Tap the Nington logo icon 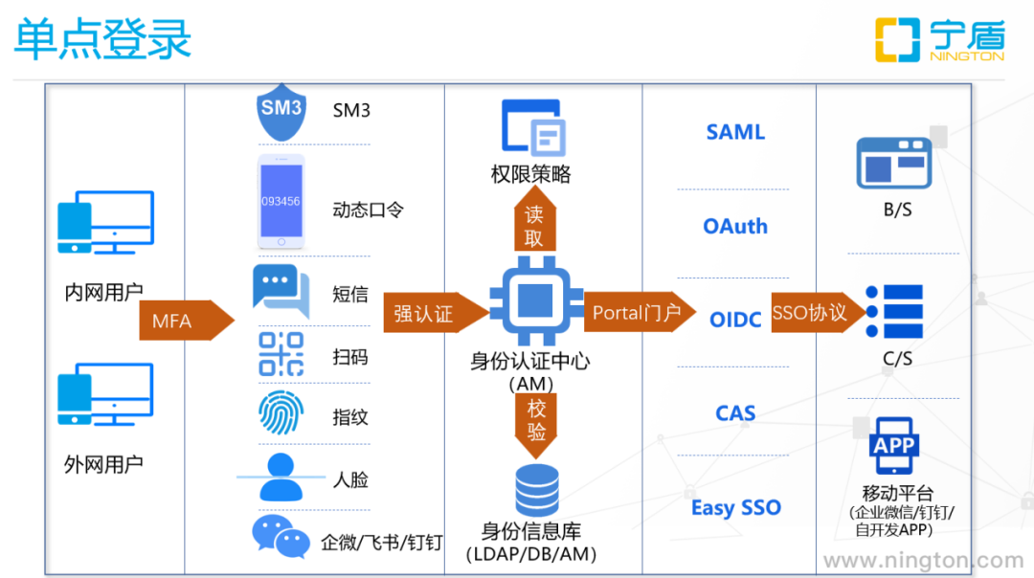(x=898, y=40)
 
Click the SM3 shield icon (x=281, y=113)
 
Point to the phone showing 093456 (x=281, y=201)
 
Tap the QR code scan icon (x=281, y=354)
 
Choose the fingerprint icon (x=281, y=412)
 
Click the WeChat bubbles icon (x=281, y=537)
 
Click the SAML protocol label (x=735, y=132)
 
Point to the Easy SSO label (x=735, y=507)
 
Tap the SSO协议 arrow (x=815, y=312)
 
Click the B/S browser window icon (x=894, y=162)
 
